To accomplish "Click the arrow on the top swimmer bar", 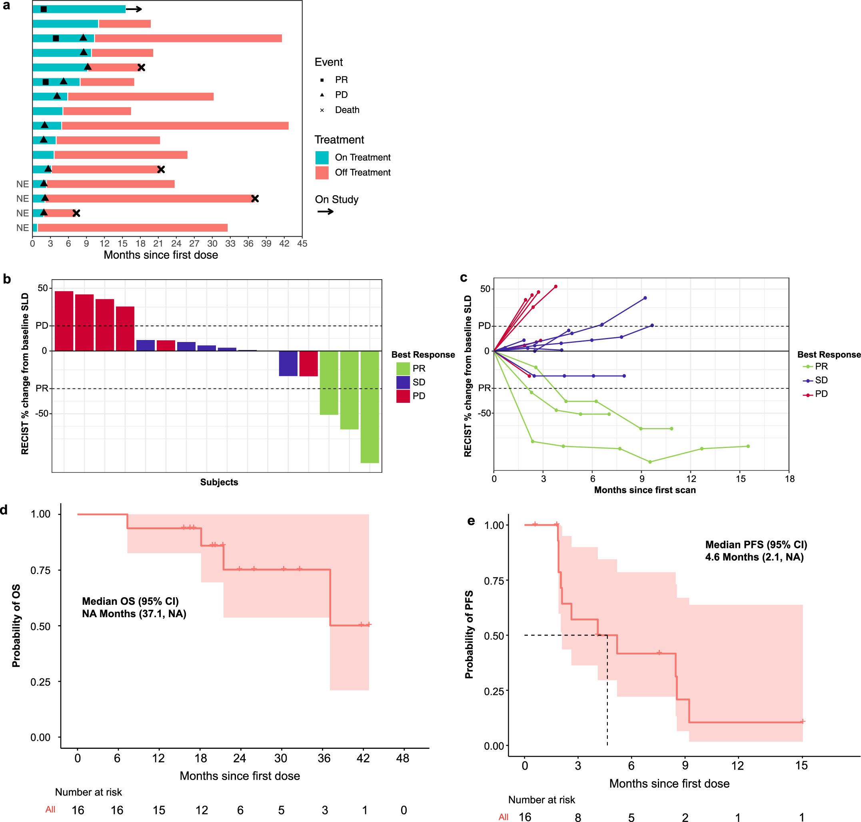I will point(134,9).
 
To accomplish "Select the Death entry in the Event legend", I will point(347,110).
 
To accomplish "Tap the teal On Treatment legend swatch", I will point(322,158).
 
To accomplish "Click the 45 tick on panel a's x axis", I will point(302,244).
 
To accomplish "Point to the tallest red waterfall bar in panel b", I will point(64,321).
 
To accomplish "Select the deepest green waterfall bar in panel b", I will point(370,407).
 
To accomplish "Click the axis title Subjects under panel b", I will point(219,482).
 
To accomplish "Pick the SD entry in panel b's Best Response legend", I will point(418,382).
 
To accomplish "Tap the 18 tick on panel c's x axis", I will point(789,479).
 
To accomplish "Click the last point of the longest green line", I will point(748,446).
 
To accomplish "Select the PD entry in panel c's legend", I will point(821,394).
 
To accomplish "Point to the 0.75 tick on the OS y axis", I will point(40,570).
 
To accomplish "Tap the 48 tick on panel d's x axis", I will point(403,758).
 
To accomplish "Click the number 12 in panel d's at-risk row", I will point(202,810).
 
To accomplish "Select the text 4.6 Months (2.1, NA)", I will point(754,557).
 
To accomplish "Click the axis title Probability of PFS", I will point(469,634).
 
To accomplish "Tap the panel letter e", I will point(471,520).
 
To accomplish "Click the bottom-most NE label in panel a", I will point(22,228).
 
